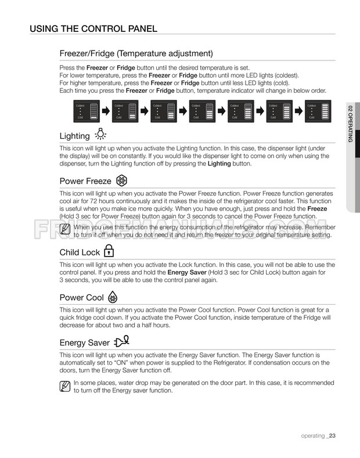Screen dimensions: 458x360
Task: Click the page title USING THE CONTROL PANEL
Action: [x=93, y=28]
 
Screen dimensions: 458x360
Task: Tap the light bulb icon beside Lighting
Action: [x=101, y=135]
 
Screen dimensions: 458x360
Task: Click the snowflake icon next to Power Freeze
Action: [x=122, y=180]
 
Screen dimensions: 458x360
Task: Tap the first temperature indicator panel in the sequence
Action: [x=84, y=110]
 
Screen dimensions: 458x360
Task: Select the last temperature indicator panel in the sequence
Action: [x=319, y=110]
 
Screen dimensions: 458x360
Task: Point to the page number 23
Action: [x=333, y=436]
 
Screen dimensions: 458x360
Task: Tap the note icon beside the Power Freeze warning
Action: [x=66, y=230]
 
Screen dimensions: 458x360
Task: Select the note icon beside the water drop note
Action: [x=66, y=386]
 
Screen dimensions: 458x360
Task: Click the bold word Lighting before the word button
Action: [x=219, y=164]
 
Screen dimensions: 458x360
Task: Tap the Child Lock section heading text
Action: [x=80, y=253]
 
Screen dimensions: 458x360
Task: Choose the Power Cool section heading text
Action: [x=82, y=298]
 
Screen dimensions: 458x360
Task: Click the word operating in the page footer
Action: [x=312, y=436]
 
